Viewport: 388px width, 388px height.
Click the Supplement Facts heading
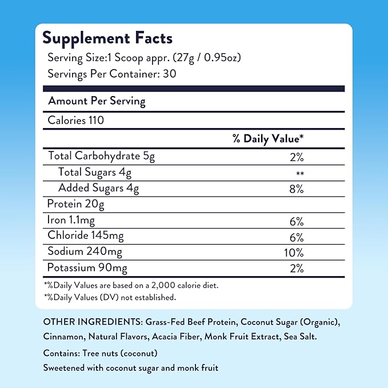107,38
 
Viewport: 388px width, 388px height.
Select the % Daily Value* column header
267,139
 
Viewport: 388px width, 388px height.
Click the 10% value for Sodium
295,252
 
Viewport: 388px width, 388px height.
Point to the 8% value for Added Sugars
295,189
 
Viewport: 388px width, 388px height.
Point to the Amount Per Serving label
97,101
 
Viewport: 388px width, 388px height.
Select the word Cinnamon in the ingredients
62,337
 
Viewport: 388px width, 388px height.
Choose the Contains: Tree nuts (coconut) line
101,353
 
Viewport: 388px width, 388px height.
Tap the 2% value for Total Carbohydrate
295,155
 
